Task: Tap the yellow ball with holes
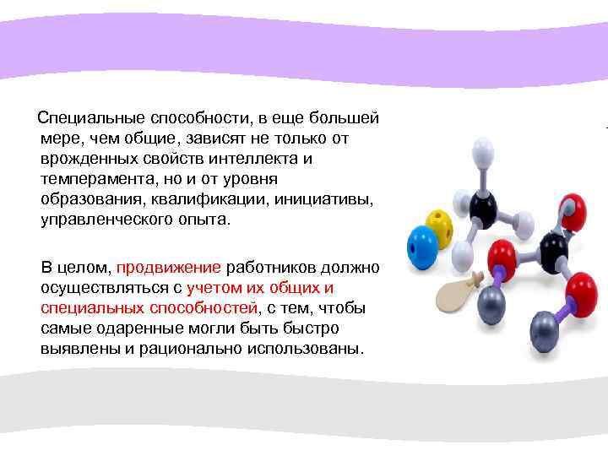click(x=439, y=226)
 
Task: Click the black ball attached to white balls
click(x=483, y=208)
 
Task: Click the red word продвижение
click(x=169, y=268)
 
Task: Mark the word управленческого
click(x=104, y=220)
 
